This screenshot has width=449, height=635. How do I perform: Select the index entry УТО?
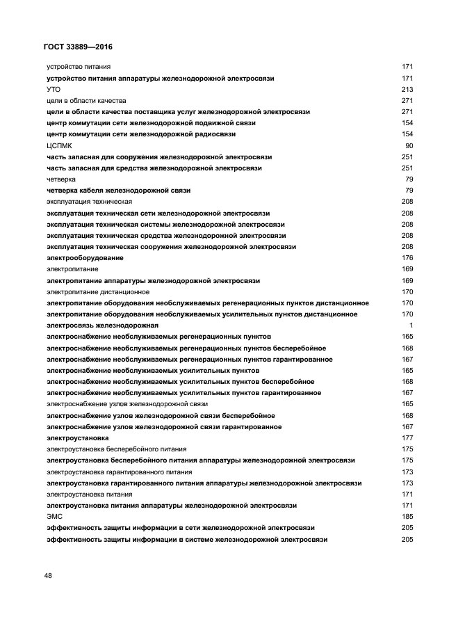coord(54,89)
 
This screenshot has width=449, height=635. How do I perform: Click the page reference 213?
coord(407,89)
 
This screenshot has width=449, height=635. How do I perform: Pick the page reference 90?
coord(409,145)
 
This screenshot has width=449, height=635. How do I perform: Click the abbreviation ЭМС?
coord(54,517)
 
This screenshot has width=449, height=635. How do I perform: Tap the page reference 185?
coord(407,517)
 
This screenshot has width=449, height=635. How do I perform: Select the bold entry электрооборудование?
coord(85,258)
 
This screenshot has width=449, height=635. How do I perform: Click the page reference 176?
coord(407,258)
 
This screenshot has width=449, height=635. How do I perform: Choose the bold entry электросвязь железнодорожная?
coord(102,325)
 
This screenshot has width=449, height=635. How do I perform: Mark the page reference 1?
coord(411,325)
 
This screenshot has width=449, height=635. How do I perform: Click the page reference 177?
coord(407,438)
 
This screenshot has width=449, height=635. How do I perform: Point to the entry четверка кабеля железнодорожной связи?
coord(119,191)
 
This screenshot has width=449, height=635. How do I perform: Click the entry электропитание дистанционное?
coord(98,292)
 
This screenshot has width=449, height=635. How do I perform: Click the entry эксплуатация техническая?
coord(89,202)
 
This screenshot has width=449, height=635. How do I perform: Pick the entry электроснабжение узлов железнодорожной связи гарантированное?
coord(161,427)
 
